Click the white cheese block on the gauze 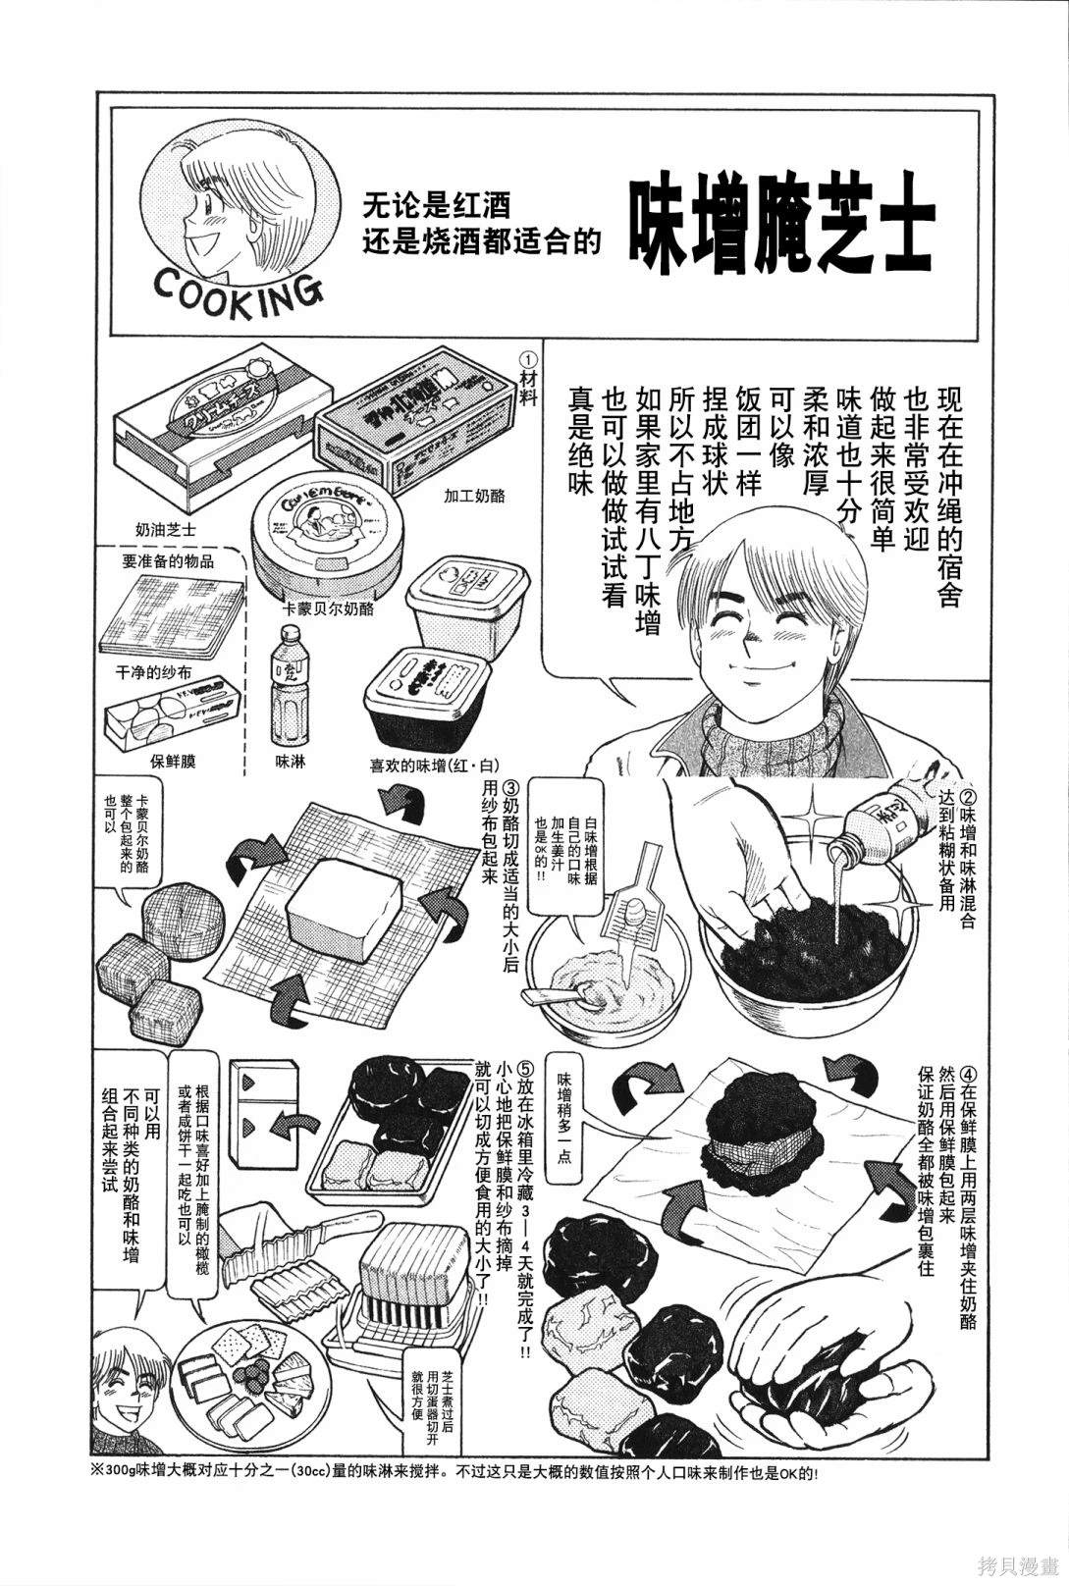click(346, 915)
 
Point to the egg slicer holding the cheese click(410, 1276)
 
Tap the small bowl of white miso click(592, 977)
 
